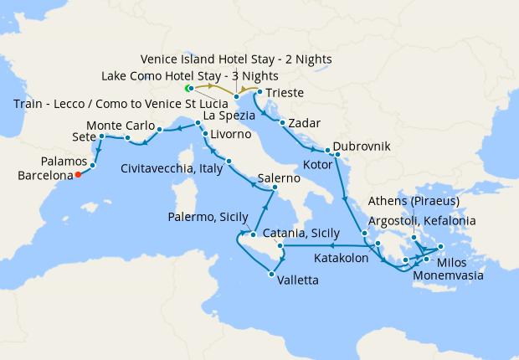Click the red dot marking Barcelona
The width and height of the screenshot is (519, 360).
[x=77, y=175]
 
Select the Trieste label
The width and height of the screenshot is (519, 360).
[x=285, y=93]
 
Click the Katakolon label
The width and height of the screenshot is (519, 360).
[x=342, y=259]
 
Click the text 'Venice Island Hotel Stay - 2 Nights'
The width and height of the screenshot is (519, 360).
[x=236, y=59]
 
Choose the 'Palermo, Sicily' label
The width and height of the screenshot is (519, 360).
[x=204, y=219]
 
